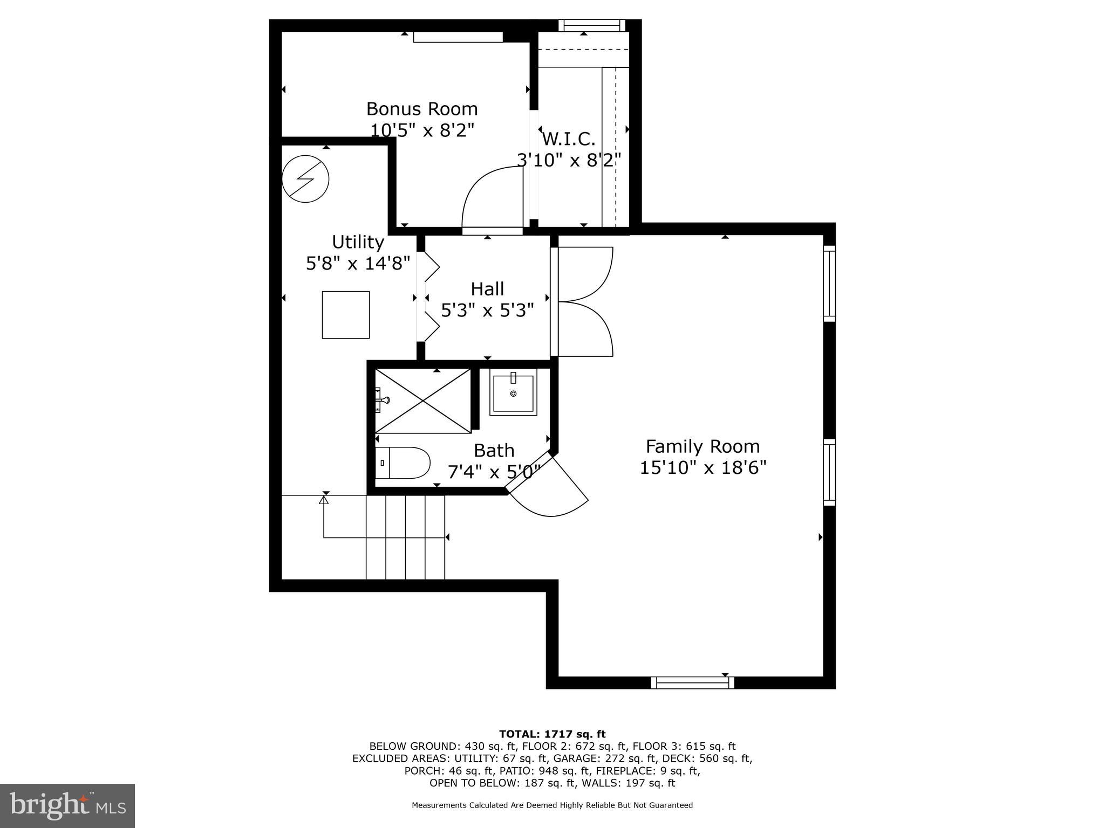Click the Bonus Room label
tap(422, 109)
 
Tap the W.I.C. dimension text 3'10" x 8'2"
tap(569, 160)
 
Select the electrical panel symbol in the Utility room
tap(305, 179)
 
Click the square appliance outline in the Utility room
tap(346, 315)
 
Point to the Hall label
tap(487, 289)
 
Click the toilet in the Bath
tap(403, 463)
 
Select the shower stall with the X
tap(423, 401)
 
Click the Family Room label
tap(702, 446)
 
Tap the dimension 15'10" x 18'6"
tap(702, 467)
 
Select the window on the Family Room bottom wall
tap(692, 682)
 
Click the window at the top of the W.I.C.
tap(591, 25)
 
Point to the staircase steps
tap(405, 537)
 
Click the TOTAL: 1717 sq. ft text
tap(552, 734)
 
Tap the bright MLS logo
tap(67, 805)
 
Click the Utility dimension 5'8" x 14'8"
tap(358, 264)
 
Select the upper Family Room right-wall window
tap(829, 284)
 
